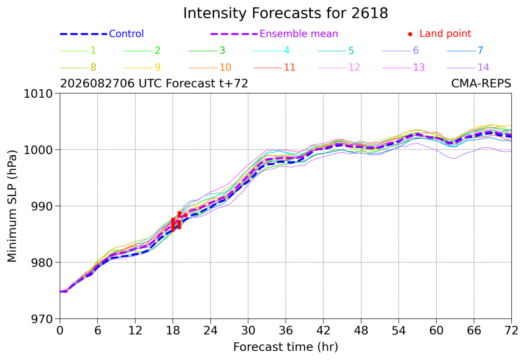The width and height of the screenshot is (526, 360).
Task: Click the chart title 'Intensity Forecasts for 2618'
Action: click(286, 13)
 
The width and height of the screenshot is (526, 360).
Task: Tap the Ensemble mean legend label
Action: click(298, 34)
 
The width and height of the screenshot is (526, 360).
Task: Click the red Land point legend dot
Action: click(410, 34)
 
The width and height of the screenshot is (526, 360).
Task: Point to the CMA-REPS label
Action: click(481, 84)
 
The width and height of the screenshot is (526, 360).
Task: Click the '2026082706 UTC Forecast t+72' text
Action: click(154, 84)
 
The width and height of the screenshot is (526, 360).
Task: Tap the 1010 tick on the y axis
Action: click(39, 94)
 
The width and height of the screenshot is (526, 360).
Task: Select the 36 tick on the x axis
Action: click(286, 331)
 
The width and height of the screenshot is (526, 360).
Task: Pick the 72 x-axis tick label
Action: click(511, 331)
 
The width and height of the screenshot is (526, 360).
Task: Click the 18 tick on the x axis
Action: click(172, 331)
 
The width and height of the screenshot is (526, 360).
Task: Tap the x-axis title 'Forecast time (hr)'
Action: click(286, 347)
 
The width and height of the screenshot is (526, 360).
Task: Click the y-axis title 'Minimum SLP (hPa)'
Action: click(12, 206)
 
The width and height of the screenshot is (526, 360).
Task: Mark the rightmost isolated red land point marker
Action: click(185, 215)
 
